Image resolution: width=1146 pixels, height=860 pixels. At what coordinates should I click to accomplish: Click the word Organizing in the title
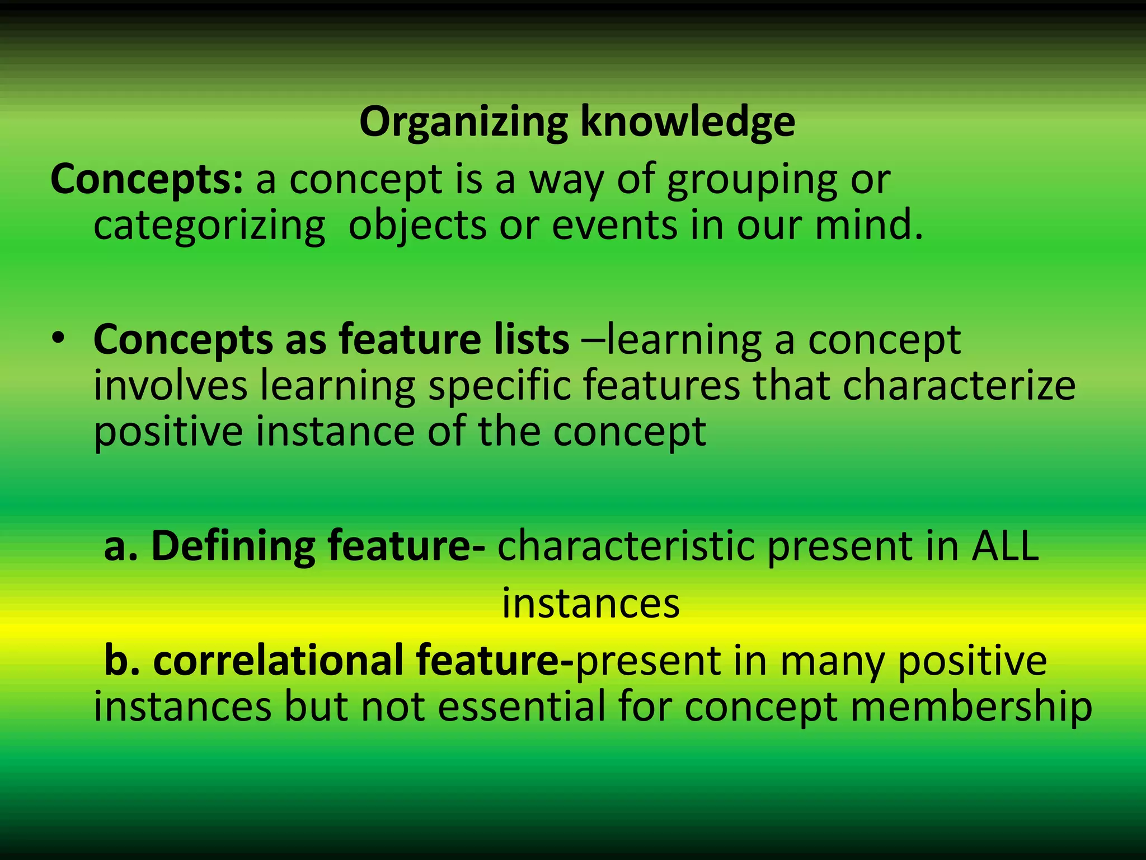point(463,122)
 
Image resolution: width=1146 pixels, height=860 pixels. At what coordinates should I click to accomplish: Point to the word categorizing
point(209,227)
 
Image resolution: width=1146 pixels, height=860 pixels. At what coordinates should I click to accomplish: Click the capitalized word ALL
point(1005,546)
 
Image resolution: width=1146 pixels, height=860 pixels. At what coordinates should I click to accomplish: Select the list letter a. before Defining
point(120,547)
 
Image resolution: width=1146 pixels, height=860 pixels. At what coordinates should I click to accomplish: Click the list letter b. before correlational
point(121,661)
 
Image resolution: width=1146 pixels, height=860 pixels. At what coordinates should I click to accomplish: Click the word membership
point(971,707)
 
